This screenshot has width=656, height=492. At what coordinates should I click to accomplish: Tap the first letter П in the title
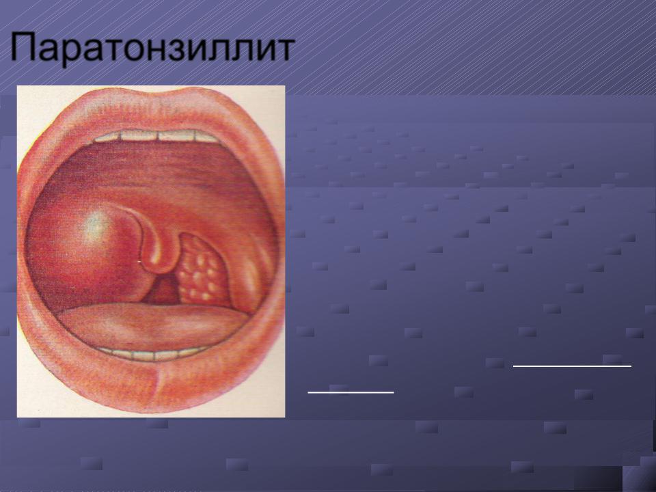tap(23, 46)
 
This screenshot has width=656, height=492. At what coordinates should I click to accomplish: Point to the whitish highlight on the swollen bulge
tap(96, 226)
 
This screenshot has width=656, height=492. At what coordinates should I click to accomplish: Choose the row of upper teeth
tap(157, 136)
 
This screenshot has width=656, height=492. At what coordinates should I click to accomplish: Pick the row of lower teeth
tap(152, 355)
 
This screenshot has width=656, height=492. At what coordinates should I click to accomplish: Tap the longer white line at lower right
tap(572, 366)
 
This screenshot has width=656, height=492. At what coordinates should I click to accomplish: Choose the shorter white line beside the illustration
tap(351, 392)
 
